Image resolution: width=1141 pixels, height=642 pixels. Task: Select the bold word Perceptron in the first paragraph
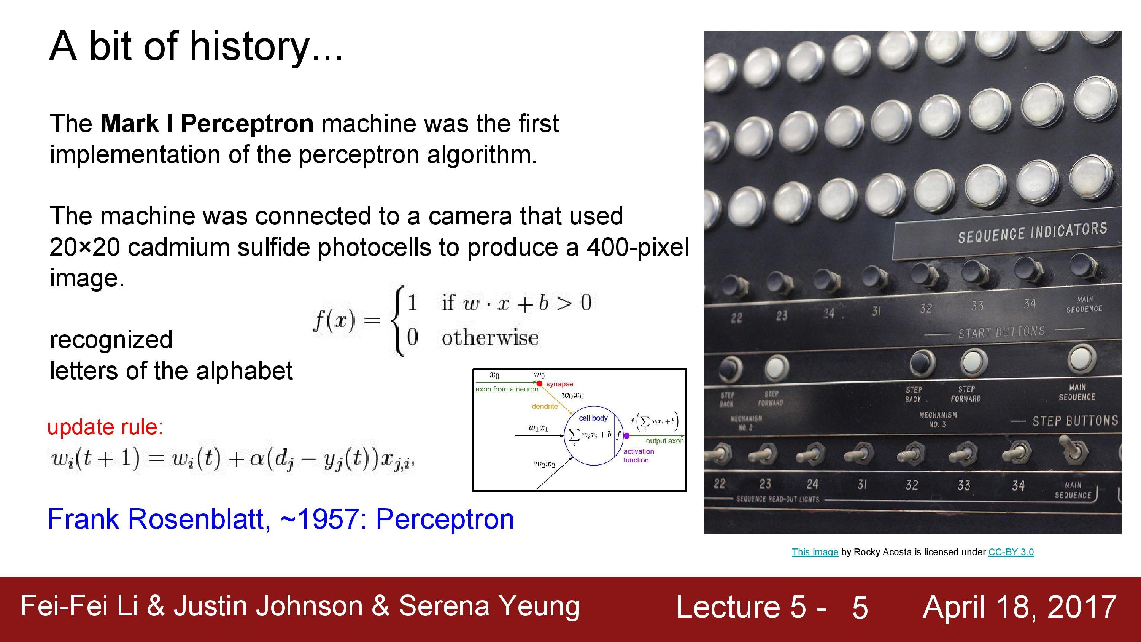247,124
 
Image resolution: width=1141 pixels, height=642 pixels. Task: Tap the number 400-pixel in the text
637,247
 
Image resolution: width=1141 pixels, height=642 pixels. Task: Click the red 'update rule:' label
105,427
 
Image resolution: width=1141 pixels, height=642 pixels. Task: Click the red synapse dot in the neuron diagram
539,383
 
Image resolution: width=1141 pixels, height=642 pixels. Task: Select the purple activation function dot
626,435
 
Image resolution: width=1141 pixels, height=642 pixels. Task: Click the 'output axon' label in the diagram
664,441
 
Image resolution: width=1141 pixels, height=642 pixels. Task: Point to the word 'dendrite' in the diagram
544,406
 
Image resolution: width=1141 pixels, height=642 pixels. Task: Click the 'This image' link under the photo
815,552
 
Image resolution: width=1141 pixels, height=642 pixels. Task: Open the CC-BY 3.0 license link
1011,552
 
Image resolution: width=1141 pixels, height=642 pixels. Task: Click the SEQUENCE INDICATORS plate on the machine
1032,234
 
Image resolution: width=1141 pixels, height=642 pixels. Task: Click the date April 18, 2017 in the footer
1019,607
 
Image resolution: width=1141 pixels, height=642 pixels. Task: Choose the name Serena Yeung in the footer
489,606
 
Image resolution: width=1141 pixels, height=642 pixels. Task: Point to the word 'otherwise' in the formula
489,338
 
